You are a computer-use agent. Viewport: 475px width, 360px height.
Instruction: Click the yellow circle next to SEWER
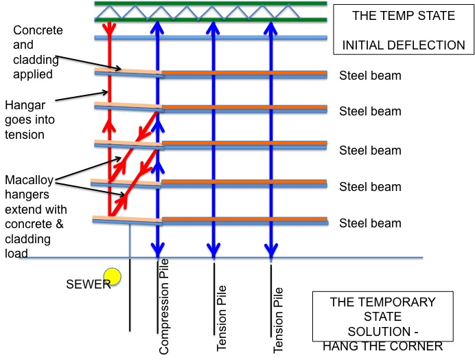113,277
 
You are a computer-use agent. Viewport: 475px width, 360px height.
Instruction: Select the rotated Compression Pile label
163,306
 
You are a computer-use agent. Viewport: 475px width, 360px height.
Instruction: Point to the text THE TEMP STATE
404,16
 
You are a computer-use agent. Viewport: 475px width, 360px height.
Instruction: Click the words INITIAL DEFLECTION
404,46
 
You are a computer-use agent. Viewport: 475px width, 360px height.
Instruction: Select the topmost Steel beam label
370,76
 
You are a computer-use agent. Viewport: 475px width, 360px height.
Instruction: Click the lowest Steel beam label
370,223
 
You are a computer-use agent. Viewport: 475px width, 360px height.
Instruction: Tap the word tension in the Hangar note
25,135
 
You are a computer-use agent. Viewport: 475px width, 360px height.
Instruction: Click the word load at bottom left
15,254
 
